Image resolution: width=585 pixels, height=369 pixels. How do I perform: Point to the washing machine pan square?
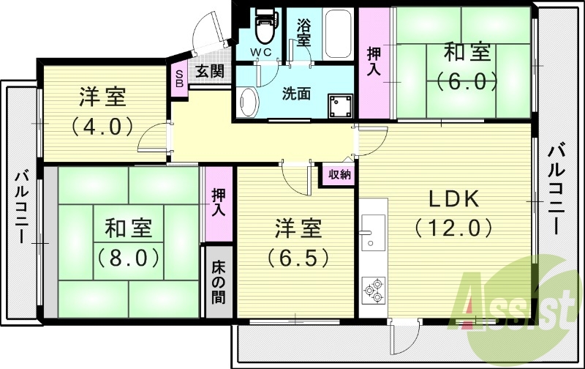340,105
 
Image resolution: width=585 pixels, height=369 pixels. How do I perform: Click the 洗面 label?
297,94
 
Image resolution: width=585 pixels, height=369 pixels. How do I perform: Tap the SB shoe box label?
178,78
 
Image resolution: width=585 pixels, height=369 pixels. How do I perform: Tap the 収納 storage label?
339,174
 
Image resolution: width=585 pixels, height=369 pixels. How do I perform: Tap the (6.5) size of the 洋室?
298,257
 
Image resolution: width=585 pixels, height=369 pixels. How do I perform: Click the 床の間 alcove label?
219,282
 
